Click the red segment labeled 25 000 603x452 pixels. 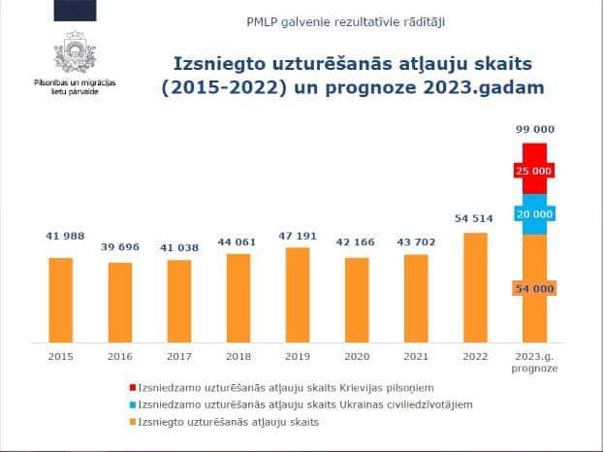535,170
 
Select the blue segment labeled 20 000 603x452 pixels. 535,213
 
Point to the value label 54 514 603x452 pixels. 476,219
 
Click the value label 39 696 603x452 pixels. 120,246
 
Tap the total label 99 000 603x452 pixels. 535,128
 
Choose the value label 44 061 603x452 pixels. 238,241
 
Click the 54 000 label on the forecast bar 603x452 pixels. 535,289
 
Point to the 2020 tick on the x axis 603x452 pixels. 357,356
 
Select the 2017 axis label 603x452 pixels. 179,356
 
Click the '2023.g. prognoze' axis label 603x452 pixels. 535,362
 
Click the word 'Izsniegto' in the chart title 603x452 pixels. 207,64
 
